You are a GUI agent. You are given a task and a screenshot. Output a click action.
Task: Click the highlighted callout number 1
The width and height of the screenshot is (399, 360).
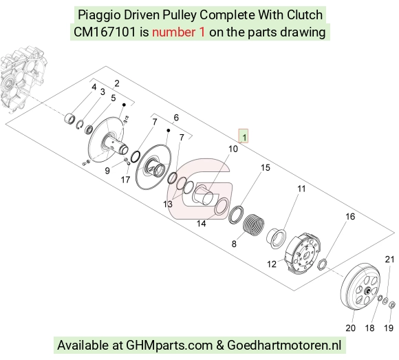(244, 136)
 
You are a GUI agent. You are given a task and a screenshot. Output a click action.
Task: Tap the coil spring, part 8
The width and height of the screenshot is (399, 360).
(254, 223)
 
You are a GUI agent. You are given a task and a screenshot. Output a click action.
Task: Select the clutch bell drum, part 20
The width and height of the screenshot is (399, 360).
(361, 288)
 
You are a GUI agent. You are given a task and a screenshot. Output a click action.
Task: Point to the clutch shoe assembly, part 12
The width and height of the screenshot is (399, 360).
(303, 253)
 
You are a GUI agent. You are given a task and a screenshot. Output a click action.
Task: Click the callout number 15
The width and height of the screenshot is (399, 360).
(266, 168)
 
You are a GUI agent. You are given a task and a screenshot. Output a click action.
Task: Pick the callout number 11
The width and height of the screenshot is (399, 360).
(301, 189)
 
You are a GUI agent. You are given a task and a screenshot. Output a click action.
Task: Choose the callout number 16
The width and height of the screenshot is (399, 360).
(350, 217)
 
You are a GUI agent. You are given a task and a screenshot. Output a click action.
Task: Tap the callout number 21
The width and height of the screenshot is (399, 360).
(389, 260)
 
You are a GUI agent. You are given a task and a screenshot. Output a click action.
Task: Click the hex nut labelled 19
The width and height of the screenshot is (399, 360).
(392, 304)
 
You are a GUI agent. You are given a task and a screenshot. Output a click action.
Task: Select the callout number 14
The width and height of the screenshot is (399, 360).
(202, 224)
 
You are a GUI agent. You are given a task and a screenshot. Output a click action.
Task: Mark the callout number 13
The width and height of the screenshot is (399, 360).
(168, 204)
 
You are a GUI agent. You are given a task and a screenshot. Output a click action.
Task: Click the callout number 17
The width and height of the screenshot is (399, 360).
(125, 180)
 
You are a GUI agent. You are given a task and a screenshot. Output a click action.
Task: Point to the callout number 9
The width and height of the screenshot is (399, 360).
(107, 171)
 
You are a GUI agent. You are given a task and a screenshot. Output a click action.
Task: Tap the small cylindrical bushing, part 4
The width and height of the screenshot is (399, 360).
(69, 118)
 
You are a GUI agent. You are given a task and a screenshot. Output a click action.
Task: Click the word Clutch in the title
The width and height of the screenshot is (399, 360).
(305, 14)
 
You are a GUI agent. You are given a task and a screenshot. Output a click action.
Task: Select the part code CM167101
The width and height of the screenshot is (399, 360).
(105, 32)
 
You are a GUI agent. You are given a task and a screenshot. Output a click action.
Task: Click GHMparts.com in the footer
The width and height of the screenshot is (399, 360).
(169, 346)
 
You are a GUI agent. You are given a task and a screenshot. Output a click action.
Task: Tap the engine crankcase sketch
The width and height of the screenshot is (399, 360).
(23, 79)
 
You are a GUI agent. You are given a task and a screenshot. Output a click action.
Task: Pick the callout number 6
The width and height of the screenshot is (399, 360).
(176, 118)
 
